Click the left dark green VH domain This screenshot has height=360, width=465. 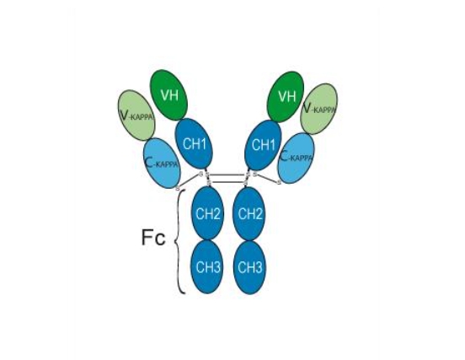coord(169,95)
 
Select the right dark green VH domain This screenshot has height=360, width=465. coord(286,96)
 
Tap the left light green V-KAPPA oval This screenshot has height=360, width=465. coord(136,116)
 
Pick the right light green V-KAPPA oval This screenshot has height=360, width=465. coord(318,109)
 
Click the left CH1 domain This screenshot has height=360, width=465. coord(194,144)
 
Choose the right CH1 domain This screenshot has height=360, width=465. coord(263,145)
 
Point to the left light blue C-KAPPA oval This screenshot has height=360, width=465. coord(162,163)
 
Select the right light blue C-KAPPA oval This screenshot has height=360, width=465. coord(297,158)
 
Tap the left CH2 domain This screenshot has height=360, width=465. coord(207,213)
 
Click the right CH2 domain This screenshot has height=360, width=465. coord(249,213)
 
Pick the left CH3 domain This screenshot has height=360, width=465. coord(207,267)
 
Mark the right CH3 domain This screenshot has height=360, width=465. coord(249,267)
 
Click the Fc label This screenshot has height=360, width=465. coord(153,238)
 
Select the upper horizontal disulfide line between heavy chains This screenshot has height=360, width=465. coord(227,175)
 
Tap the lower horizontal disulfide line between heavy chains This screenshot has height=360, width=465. coord(227,181)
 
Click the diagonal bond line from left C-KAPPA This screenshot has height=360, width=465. coord(189,180)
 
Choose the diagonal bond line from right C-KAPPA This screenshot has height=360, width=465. coord(267,178)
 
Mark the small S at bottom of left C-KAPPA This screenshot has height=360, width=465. coord(178,187)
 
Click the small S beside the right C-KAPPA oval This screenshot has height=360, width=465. coord(279,182)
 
